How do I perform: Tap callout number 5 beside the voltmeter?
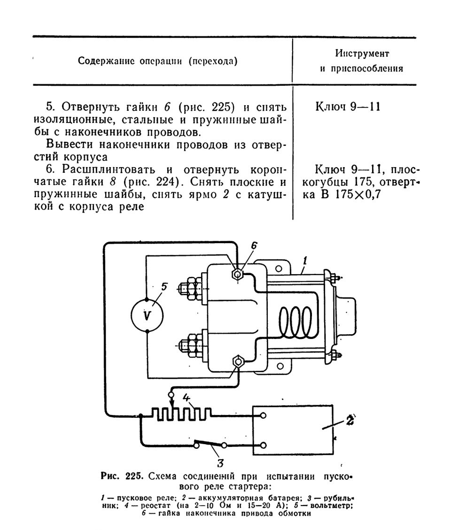point(164,287)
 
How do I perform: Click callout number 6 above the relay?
point(254,246)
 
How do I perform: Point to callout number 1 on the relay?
point(305,260)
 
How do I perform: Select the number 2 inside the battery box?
point(350,420)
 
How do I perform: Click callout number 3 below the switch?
point(220,462)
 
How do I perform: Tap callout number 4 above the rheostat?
point(187,398)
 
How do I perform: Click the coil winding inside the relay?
point(295,323)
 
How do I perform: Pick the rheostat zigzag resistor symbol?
point(182,415)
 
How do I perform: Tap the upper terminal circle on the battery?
point(263,415)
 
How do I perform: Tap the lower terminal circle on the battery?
point(263,445)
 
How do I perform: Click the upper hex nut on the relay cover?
point(237,273)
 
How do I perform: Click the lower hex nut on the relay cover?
point(239,361)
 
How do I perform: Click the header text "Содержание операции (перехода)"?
point(158,61)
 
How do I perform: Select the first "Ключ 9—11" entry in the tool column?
point(348,107)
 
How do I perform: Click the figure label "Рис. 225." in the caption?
point(123,476)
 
